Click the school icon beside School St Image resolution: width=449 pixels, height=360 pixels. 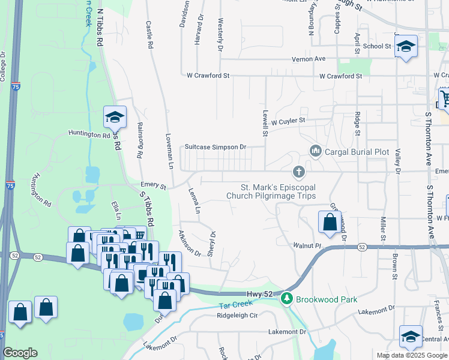pyautogui.click(x=406, y=46)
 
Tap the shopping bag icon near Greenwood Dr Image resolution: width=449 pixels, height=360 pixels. pyautogui.click(x=330, y=221)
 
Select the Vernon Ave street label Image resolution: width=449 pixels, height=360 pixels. pyautogui.click(x=308, y=59)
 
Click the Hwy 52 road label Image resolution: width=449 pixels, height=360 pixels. pyautogui.click(x=259, y=293)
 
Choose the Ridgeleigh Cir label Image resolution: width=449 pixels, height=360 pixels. pyautogui.click(x=237, y=315)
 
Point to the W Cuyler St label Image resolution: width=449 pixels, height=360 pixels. pyautogui.click(x=288, y=121)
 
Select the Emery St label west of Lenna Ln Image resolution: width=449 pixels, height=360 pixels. pyautogui.click(x=152, y=185)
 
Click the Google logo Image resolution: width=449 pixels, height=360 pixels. pyautogui.click(x=20, y=352)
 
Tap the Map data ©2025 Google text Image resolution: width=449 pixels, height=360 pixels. pyautogui.click(x=411, y=355)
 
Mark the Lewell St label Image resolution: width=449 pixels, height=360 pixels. pyautogui.click(x=264, y=122)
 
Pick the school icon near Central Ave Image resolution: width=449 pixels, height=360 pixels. pyautogui.click(x=411, y=336)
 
